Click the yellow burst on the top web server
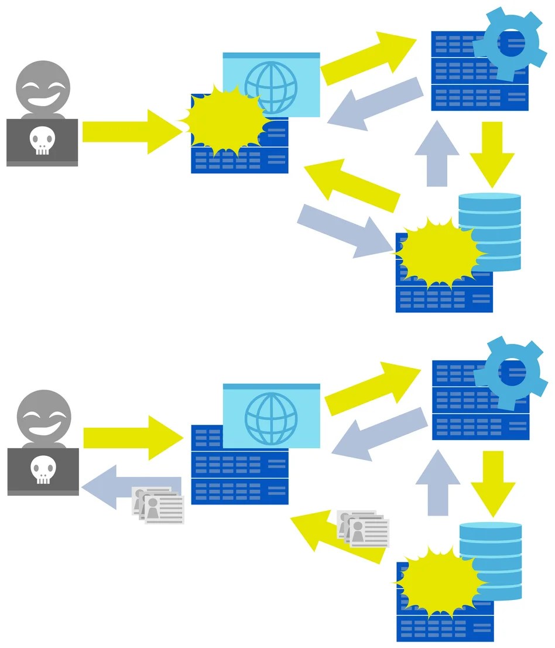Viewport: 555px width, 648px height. [224, 120]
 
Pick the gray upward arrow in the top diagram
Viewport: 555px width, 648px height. [437, 155]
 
